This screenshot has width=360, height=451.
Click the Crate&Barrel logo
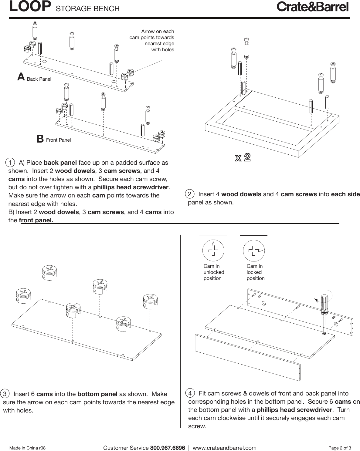[x=312, y=7]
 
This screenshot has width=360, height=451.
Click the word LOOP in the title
[x=30, y=7]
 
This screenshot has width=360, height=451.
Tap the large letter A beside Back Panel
[x=21, y=77]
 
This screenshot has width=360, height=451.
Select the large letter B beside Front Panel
[x=40, y=139]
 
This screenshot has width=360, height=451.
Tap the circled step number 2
[x=190, y=194]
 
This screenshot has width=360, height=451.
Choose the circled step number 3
[x=5, y=394]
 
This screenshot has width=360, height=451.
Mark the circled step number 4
[x=190, y=393]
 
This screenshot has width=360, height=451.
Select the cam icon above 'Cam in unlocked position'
[x=213, y=250]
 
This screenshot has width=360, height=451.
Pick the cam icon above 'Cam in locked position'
[x=254, y=251]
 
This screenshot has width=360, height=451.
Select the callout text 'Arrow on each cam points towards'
[x=152, y=35]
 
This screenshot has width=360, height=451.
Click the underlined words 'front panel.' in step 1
[x=36, y=220]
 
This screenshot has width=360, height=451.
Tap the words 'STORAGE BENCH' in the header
[x=88, y=8]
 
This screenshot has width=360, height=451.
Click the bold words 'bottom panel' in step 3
[x=97, y=394]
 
